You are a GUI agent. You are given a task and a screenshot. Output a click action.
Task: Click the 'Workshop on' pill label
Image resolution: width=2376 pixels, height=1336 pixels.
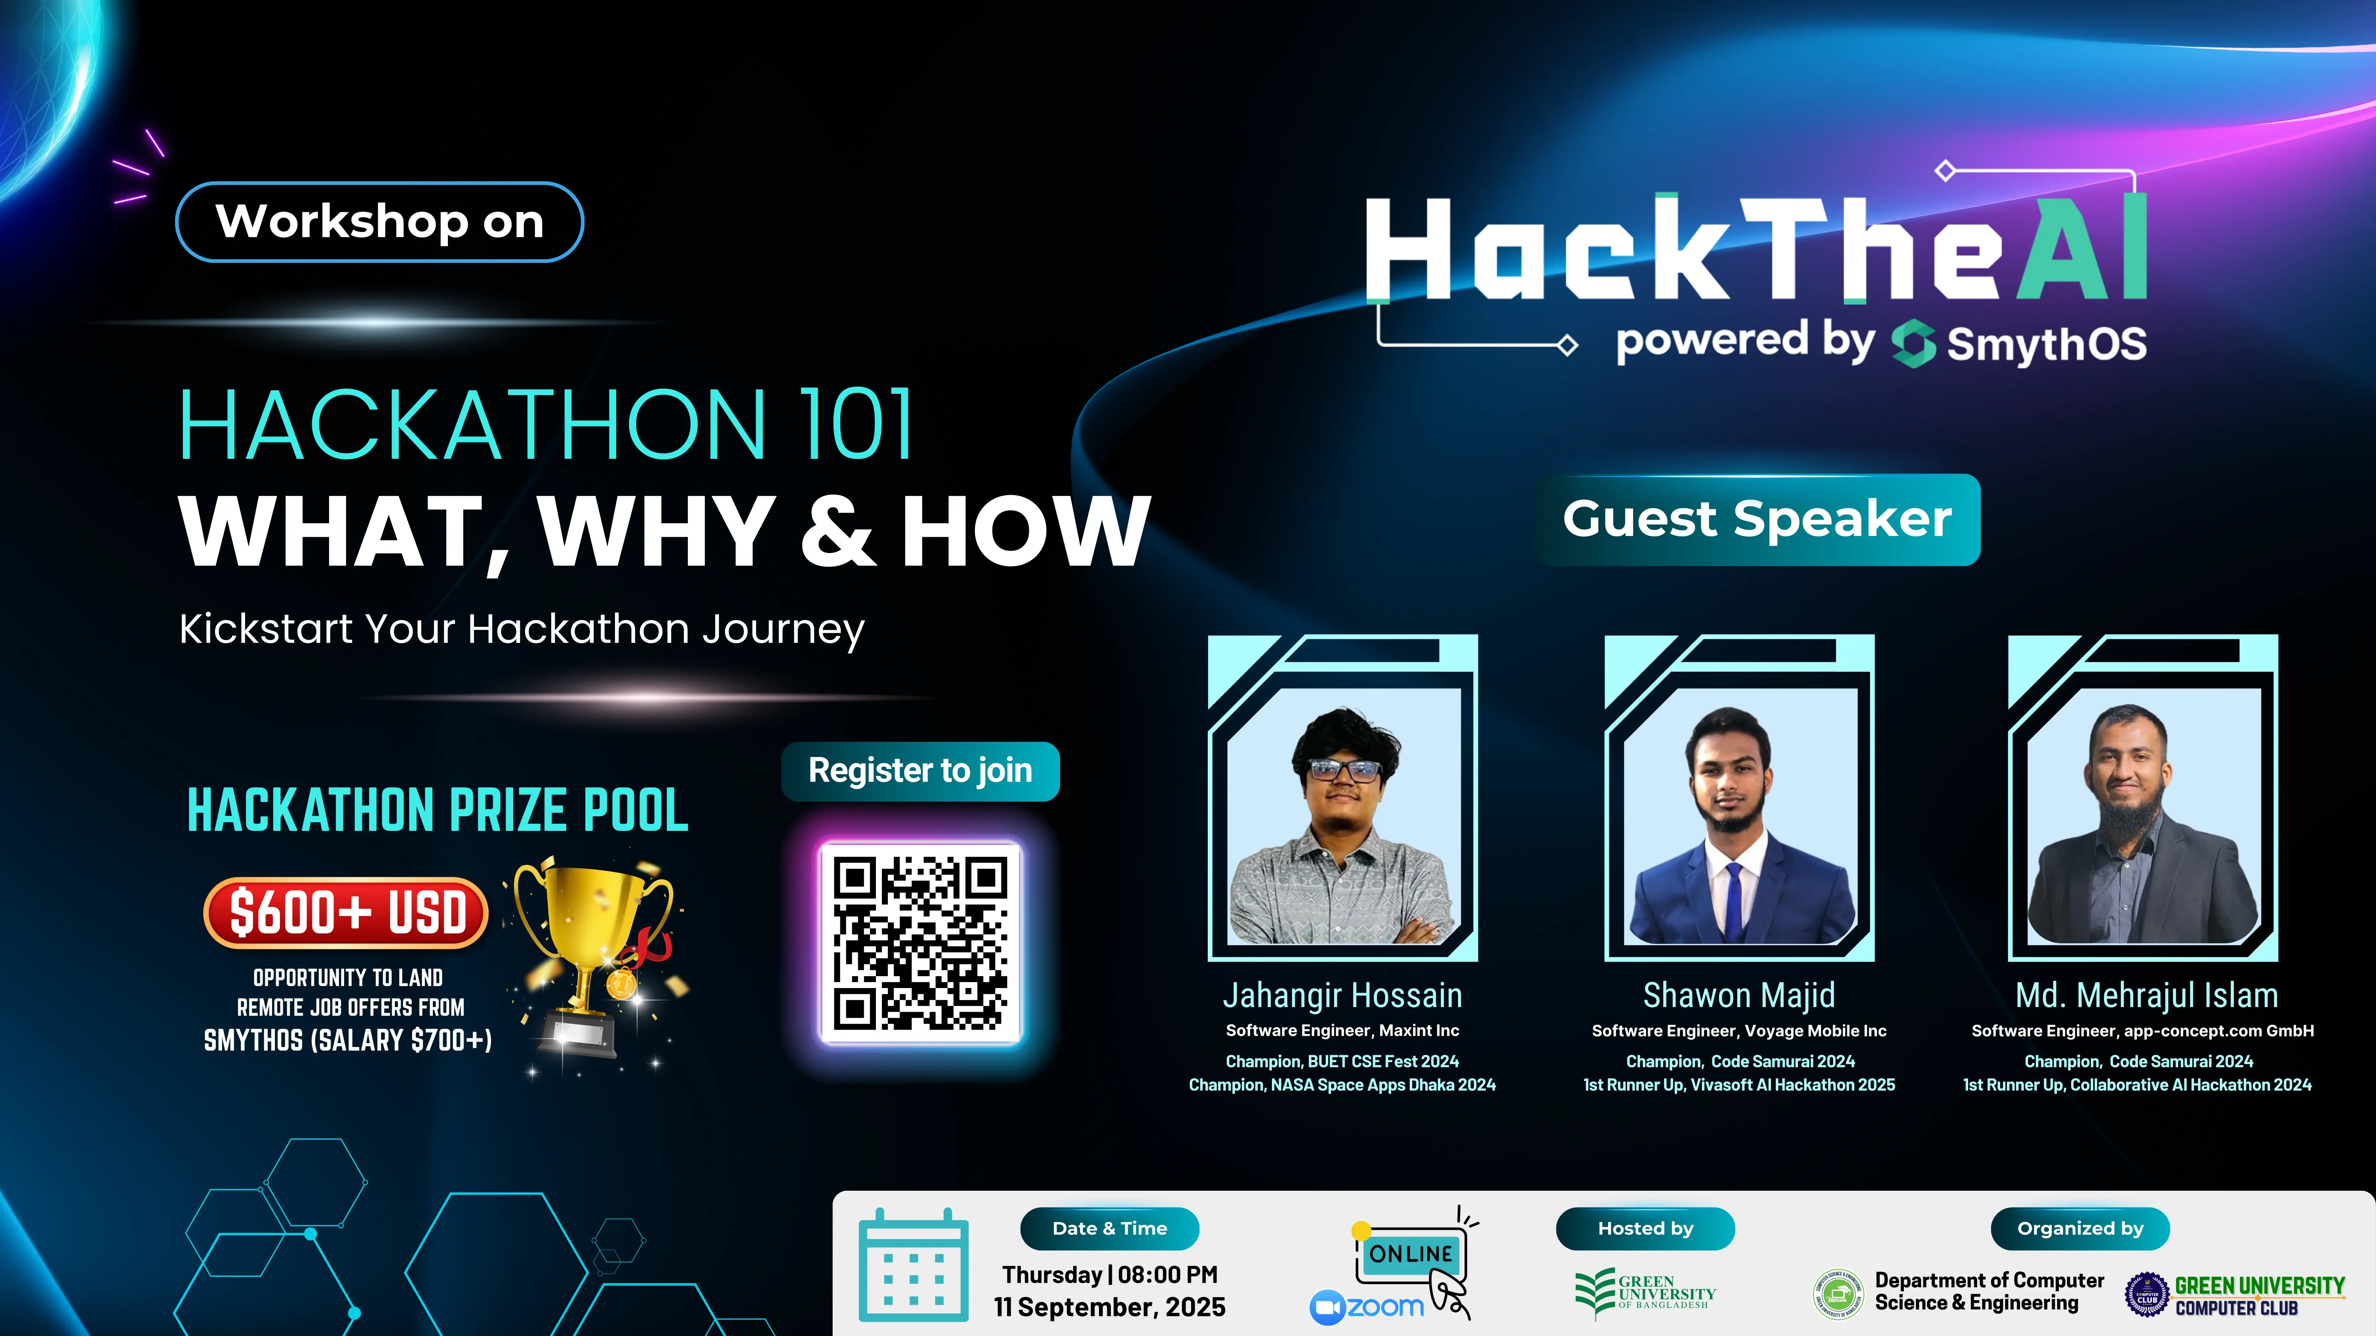pyautogui.click(x=379, y=222)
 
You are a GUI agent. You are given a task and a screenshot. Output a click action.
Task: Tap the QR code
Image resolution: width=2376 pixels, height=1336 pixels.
pyautogui.click(x=921, y=942)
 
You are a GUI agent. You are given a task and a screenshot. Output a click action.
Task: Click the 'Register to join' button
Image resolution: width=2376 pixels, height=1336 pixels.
pyautogui.click(x=920, y=771)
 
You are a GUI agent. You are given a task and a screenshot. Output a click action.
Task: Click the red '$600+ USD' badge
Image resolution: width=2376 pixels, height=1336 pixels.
pyautogui.click(x=347, y=913)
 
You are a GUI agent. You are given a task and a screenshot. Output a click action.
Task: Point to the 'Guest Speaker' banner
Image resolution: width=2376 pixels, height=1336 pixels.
pyautogui.click(x=1757, y=519)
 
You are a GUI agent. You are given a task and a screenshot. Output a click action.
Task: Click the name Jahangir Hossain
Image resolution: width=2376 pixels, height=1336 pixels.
pyautogui.click(x=1342, y=996)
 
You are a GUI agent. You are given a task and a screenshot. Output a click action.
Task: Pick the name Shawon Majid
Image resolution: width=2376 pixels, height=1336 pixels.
pyautogui.click(x=1739, y=996)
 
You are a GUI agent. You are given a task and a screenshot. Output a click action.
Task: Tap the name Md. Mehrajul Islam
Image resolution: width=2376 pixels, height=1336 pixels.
pyautogui.click(x=2146, y=996)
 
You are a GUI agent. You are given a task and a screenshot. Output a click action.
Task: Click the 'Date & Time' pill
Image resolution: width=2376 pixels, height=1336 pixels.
pyautogui.click(x=1110, y=1228)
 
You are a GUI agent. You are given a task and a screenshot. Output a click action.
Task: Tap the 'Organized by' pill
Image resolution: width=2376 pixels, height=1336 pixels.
pyautogui.click(x=2080, y=1228)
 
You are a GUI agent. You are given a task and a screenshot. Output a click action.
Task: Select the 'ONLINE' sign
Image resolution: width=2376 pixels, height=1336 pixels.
pyautogui.click(x=1410, y=1254)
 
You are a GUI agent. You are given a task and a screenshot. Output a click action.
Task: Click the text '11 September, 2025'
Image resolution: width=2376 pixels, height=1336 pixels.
pyautogui.click(x=1110, y=1307)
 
